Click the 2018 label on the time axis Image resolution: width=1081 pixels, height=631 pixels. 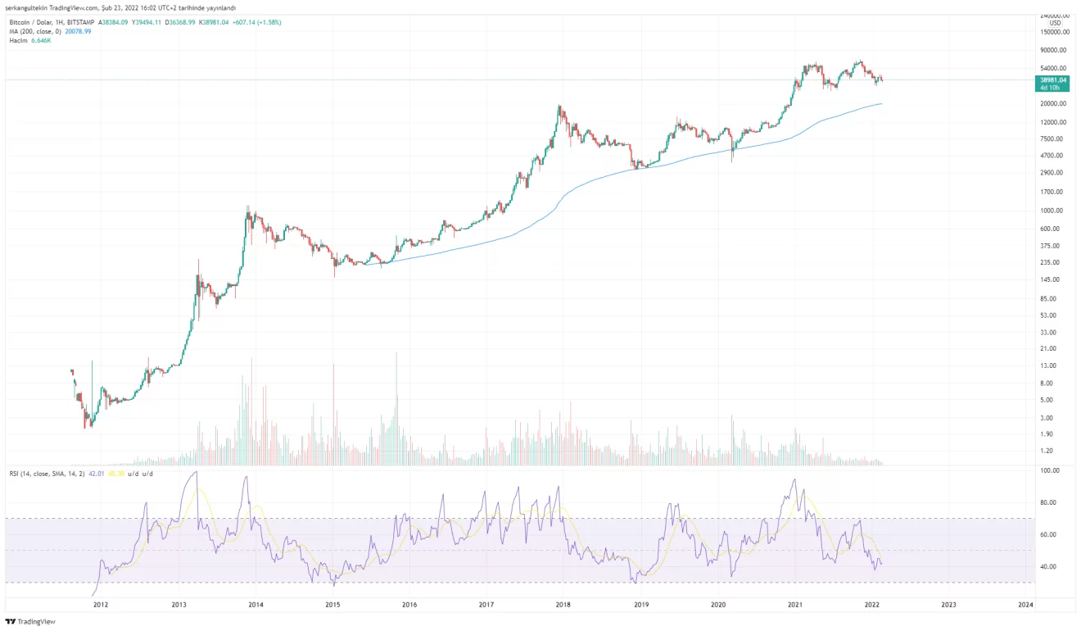click(x=563, y=605)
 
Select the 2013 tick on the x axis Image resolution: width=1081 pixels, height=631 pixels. click(x=179, y=605)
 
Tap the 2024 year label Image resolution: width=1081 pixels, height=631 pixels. click(x=1024, y=605)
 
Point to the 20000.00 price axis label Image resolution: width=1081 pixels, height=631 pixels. click(x=1052, y=104)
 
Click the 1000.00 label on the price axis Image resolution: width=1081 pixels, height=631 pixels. click(x=1052, y=211)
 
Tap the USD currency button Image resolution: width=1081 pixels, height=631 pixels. click(x=1055, y=23)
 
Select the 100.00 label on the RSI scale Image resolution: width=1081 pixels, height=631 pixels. click(x=1050, y=470)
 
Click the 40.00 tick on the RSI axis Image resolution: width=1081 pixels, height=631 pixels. click(x=1049, y=567)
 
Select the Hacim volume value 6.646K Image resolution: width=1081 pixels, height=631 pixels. click(x=40, y=39)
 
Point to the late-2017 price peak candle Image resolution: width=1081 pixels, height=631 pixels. click(x=559, y=107)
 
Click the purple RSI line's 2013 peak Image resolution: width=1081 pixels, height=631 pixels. click(x=194, y=472)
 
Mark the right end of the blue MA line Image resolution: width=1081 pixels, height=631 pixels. click(x=881, y=103)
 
